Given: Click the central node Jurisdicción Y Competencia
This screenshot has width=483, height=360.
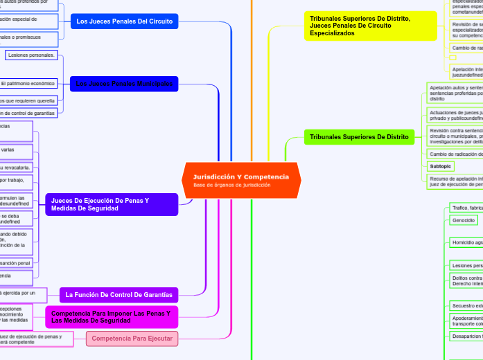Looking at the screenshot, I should point(241,177).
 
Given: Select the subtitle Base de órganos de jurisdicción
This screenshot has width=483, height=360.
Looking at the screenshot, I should point(231,186).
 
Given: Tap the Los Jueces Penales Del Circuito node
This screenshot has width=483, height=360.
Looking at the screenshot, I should point(125,21).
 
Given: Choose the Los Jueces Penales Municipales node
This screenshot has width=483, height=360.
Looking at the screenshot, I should point(124,84).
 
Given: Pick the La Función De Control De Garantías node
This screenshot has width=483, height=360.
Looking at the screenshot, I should point(119,295).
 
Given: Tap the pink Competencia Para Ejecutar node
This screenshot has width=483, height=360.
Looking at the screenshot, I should point(132,339).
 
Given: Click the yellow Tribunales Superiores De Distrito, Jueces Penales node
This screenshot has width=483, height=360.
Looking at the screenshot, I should point(370,26).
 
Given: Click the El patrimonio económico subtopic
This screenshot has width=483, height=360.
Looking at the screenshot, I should point(28,84).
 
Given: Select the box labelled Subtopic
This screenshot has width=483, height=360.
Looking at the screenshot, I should point(440,166).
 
